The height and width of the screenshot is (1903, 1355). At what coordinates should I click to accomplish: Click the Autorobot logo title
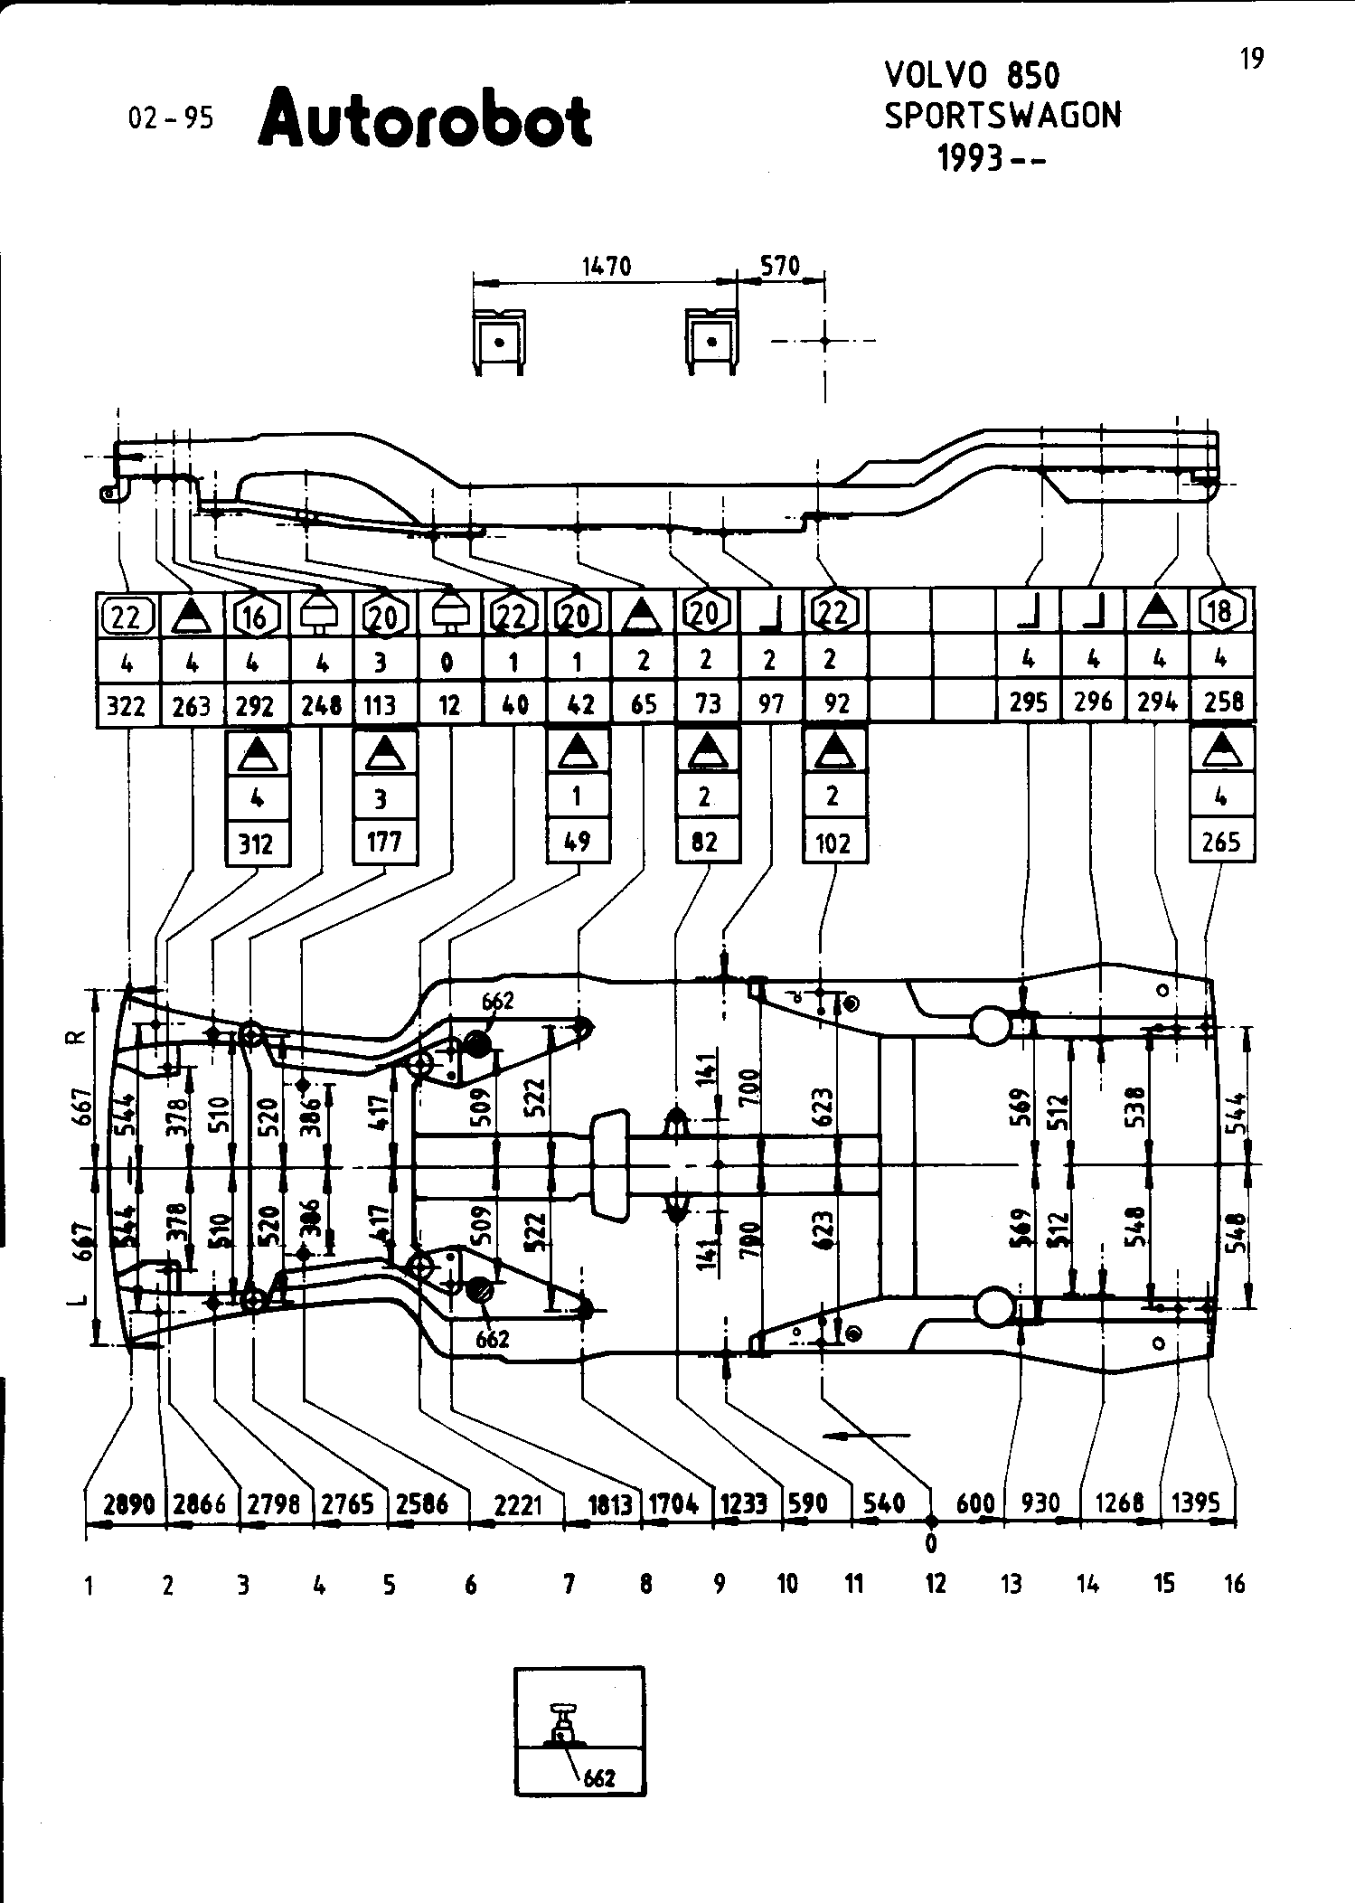pyautogui.click(x=425, y=118)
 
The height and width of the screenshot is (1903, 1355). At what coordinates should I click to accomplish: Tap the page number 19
pyautogui.click(x=1251, y=60)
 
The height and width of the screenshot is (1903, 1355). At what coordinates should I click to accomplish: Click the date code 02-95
pyautogui.click(x=171, y=118)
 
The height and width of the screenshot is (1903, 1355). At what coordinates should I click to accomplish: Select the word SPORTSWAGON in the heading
pyautogui.click(x=1002, y=116)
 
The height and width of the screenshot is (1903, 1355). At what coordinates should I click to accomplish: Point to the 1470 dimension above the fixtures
pyautogui.click(x=606, y=267)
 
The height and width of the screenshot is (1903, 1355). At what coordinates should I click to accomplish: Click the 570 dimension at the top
pyautogui.click(x=780, y=267)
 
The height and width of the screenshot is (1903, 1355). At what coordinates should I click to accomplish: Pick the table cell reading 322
pyautogui.click(x=127, y=705)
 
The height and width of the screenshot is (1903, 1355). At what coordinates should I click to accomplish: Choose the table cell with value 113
pyautogui.click(x=381, y=705)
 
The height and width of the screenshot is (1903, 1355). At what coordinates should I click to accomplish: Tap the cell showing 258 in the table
pyautogui.click(x=1223, y=702)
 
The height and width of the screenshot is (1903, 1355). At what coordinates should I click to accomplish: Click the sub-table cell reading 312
pyautogui.click(x=256, y=843)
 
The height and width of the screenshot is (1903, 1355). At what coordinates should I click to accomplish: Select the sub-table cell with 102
pyautogui.click(x=833, y=843)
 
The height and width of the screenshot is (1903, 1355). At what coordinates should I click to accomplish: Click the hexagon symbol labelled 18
pyautogui.click(x=1221, y=612)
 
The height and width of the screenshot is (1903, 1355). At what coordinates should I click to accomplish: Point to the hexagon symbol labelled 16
pyautogui.click(x=256, y=617)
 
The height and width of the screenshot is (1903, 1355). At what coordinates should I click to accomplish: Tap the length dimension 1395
pyautogui.click(x=1196, y=1503)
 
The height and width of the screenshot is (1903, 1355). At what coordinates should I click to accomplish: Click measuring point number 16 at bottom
pyautogui.click(x=1235, y=1584)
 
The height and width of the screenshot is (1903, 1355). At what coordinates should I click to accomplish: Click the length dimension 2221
pyautogui.click(x=519, y=1504)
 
